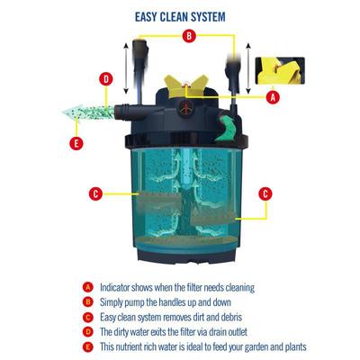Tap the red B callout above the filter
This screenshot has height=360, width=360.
[188, 36]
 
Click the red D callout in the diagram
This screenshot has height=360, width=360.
[105, 79]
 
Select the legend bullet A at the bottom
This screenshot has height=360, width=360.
[87, 288]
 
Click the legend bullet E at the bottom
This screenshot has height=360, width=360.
[87, 346]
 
